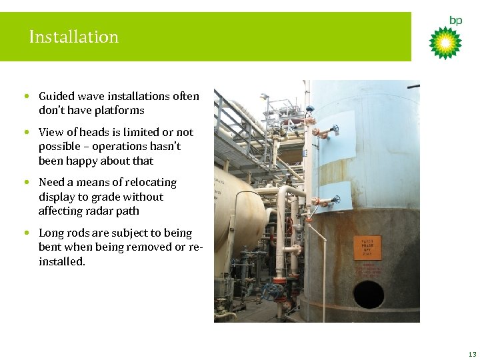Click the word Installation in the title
pyautogui.click(x=73, y=37)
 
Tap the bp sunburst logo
pyautogui.click(x=445, y=43)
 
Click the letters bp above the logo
pyautogui.click(x=455, y=21)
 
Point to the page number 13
pyautogui.click(x=472, y=354)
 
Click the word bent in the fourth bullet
pyautogui.click(x=50, y=247)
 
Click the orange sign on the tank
pyautogui.click(x=367, y=247)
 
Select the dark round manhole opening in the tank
pyautogui.click(x=368, y=294)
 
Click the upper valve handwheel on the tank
pyautogui.click(x=335, y=129)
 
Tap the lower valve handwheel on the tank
pyautogui.click(x=336, y=199)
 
